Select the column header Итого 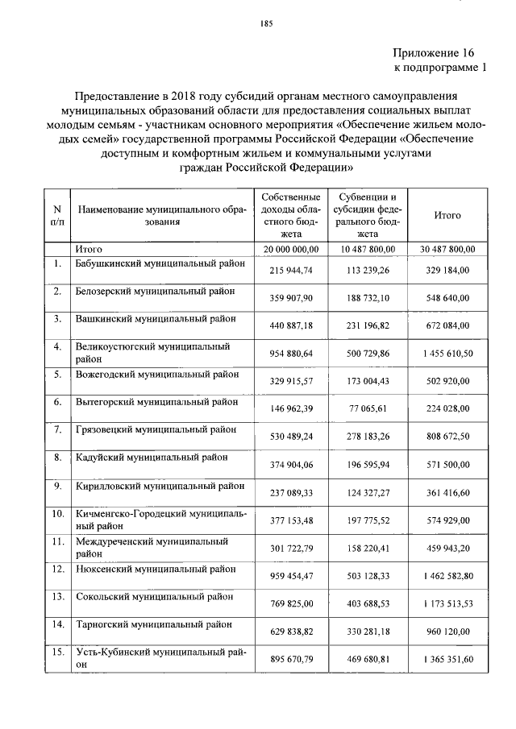(x=447, y=216)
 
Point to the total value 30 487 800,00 (x=447, y=249)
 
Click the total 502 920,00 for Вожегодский (x=447, y=381)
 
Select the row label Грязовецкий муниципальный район (x=155, y=429)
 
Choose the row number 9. (x=57, y=485)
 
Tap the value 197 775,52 (x=368, y=520)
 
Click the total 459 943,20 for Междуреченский (x=447, y=548)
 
